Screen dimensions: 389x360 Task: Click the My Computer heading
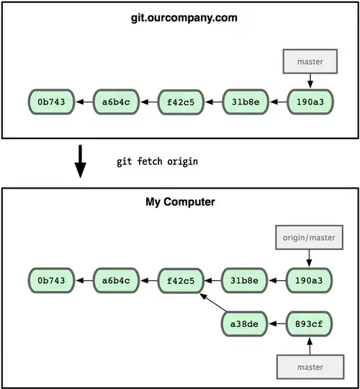[180, 202]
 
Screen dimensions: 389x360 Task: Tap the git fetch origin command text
[157, 161]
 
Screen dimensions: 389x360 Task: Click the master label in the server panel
[310, 63]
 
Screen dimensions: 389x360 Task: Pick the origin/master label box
[310, 237]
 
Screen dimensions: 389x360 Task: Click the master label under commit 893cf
[310, 367]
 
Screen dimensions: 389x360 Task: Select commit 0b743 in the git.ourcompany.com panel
[52, 102]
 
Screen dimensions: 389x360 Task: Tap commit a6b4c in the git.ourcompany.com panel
[117, 102]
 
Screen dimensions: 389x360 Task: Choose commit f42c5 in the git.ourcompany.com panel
[181, 102]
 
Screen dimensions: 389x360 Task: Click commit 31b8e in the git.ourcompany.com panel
[246, 102]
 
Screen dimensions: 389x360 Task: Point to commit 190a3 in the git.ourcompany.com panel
[310, 102]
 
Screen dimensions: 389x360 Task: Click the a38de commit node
[246, 323]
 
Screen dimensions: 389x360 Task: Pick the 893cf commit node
[310, 323]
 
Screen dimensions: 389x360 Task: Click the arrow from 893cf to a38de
[278, 323]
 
